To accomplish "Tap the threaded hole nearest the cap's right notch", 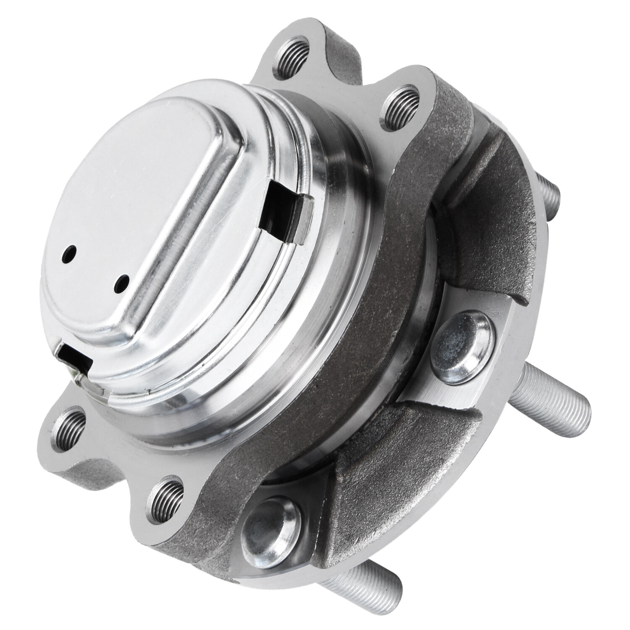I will (x=400, y=105).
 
